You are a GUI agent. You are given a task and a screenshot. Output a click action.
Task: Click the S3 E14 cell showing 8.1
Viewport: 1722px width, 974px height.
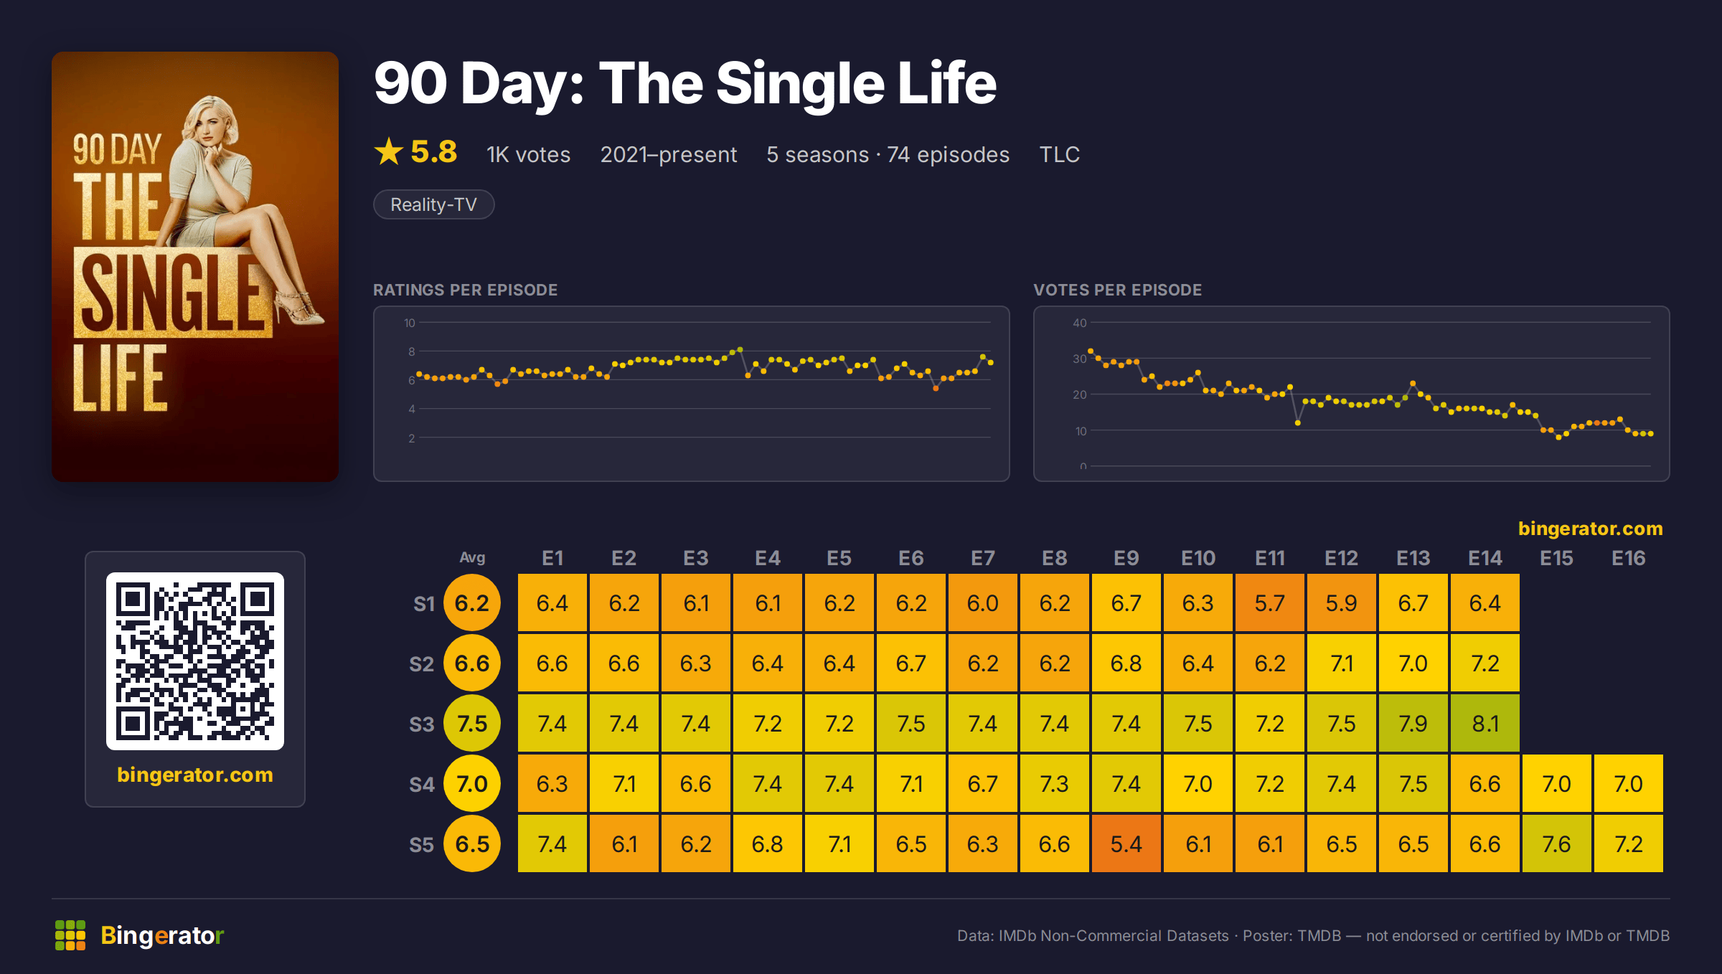coord(1485,723)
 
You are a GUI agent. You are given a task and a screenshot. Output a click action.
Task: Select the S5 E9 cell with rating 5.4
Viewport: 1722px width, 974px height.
coord(1126,843)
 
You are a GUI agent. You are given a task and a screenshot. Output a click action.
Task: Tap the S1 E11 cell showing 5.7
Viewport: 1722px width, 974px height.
coord(1269,602)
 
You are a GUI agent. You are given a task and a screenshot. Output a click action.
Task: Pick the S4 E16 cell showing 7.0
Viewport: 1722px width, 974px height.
coord(1628,783)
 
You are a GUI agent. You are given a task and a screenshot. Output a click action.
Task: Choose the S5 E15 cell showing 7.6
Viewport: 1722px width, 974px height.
coord(1556,843)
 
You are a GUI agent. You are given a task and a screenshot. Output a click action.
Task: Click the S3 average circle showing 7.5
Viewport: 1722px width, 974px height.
coord(472,723)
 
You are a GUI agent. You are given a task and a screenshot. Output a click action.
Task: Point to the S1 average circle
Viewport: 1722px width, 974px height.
coord(472,602)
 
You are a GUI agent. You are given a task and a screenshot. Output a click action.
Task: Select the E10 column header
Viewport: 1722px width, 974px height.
coord(1198,558)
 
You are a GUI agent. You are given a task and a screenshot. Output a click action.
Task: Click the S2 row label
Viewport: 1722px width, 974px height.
coord(422,663)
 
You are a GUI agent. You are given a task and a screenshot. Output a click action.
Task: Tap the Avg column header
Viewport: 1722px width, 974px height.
coord(472,557)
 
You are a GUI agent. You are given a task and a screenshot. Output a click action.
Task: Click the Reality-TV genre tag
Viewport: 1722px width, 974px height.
coord(433,204)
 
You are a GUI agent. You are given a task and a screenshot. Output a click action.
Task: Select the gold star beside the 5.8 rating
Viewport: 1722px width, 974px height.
coord(389,151)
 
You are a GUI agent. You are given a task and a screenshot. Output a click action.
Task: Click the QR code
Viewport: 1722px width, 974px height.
coord(195,661)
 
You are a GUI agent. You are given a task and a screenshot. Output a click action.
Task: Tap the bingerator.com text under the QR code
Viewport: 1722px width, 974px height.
coord(195,775)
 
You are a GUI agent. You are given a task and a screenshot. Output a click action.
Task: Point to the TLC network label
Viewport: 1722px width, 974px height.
coord(1059,154)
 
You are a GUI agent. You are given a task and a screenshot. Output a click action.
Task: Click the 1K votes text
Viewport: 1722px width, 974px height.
coord(528,154)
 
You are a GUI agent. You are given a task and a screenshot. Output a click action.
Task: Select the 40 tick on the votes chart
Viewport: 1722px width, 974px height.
coord(1079,323)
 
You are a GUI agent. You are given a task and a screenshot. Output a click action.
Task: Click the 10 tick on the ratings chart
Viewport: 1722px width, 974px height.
coord(409,323)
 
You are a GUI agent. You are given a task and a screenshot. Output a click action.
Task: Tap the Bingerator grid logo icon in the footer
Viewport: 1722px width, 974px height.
coord(70,935)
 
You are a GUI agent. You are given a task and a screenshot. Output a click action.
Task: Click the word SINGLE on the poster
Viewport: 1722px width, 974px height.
coord(172,293)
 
